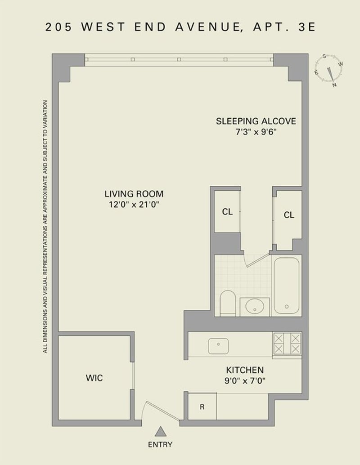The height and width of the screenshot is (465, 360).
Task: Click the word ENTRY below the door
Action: coord(160,445)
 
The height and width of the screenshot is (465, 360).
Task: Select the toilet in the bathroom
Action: coord(228,303)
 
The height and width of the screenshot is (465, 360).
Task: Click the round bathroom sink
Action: coord(255,307)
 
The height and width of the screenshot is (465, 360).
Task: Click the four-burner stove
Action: coord(287,344)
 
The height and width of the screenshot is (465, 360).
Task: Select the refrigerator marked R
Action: coord(202,407)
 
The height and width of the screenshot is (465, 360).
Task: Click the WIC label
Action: coord(94,378)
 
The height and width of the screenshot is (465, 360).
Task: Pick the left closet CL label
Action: coord(227,212)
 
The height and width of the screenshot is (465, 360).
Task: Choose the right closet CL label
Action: coord(289,215)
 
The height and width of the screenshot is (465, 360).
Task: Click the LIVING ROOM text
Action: coord(134,194)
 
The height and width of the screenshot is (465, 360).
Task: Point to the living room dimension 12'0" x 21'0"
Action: coord(134,205)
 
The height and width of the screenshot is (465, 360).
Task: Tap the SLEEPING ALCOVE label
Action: coord(256,121)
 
